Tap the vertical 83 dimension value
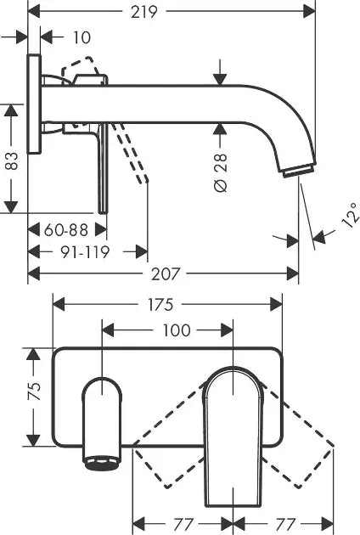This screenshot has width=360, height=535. coord(11,160)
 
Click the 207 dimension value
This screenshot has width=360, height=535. coord(166,273)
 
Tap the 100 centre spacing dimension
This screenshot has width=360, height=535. coord(176,329)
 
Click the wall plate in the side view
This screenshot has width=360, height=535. coord(34,105)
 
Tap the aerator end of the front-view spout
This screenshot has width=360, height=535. coord(99,460)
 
